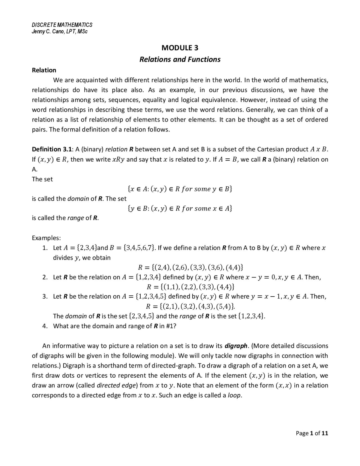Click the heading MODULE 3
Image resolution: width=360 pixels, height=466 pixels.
click(180, 48)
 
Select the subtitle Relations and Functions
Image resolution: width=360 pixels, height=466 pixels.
click(180, 59)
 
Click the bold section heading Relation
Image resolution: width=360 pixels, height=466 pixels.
click(44, 70)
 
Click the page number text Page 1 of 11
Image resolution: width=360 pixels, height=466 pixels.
click(312, 433)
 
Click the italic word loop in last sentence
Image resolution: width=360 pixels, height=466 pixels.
click(234, 395)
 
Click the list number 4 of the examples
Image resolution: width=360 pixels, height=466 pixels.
click(44, 326)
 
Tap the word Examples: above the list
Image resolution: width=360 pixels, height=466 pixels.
click(46, 238)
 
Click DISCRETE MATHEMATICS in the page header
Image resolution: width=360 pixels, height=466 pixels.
click(62, 25)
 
